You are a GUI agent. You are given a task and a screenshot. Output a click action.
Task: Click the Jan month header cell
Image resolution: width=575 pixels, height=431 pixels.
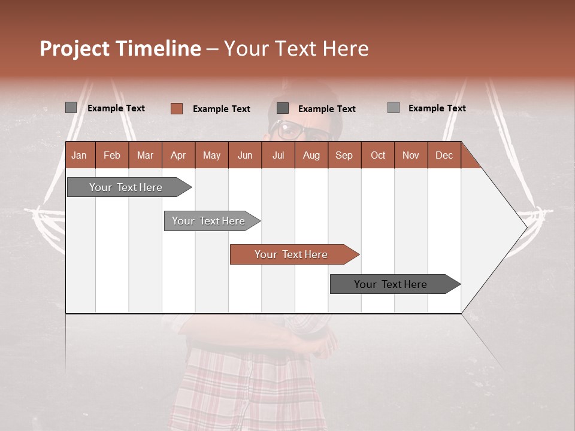pyautogui.click(x=79, y=155)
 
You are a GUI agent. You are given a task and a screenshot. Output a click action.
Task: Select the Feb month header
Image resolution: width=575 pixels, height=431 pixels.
pyautogui.click(x=112, y=155)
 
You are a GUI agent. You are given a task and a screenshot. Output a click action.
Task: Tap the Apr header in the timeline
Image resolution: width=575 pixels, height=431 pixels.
pyautogui.click(x=178, y=155)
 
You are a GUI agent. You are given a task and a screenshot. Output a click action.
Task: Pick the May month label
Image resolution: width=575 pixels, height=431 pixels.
pyautogui.click(x=211, y=155)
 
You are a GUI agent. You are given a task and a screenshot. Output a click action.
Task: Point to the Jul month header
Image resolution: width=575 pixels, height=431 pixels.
pyautogui.click(x=278, y=155)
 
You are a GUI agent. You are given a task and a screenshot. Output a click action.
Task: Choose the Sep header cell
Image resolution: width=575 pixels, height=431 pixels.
pyautogui.click(x=344, y=155)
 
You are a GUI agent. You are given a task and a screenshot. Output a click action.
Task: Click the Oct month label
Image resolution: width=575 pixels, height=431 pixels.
pyautogui.click(x=378, y=155)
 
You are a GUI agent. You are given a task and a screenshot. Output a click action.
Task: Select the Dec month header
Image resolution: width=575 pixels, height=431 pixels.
pyautogui.click(x=444, y=155)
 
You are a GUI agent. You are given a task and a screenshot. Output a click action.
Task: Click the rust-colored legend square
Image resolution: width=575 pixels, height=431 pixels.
pyautogui.click(x=177, y=108)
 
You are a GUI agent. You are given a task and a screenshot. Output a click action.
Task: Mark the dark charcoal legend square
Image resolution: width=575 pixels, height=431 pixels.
pyautogui.click(x=283, y=108)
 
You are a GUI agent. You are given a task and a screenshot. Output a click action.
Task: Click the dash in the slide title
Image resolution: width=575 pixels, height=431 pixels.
pyautogui.click(x=212, y=49)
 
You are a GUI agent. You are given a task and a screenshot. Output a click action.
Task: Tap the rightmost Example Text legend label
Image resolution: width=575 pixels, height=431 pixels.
pyautogui.click(x=437, y=108)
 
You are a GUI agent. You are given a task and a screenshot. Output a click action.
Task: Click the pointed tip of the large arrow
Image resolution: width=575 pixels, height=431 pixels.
pyautogui.click(x=525, y=227)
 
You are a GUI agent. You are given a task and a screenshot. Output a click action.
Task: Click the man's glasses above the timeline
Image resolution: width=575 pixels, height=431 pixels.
pyautogui.click(x=291, y=129)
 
